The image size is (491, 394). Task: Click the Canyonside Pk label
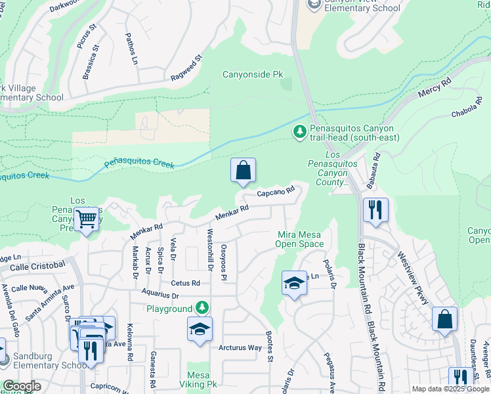click(x=253, y=75)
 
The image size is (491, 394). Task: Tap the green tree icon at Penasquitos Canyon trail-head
click(x=299, y=133)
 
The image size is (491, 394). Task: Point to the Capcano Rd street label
click(x=274, y=192)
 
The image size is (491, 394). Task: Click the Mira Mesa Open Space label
click(x=300, y=239)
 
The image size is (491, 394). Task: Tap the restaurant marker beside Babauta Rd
click(x=375, y=210)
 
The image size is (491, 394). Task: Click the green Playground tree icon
click(x=203, y=307)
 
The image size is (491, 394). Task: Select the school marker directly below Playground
click(x=200, y=330)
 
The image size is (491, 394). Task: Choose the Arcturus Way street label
click(x=240, y=347)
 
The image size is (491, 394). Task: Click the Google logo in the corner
click(x=22, y=386)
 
